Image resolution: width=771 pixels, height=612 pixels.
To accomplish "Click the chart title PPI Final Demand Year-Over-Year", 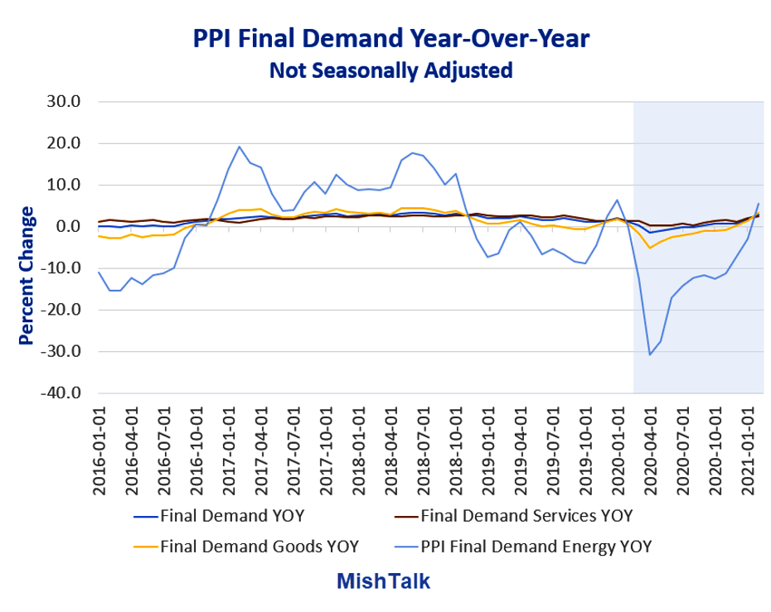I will click(x=392, y=39).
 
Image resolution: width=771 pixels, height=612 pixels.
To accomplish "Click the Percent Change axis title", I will click(x=26, y=276).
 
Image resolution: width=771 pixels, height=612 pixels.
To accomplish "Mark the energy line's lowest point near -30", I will click(x=650, y=354).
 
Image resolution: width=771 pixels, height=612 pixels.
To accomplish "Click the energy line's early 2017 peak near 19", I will click(x=240, y=147).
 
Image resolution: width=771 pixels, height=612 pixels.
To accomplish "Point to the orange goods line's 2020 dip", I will click(x=650, y=248).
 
